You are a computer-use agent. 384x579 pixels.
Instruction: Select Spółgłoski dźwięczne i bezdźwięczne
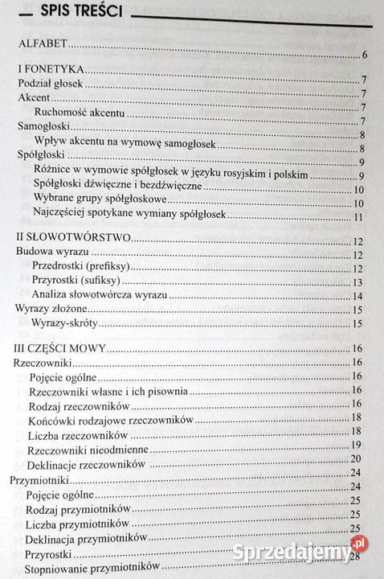117,185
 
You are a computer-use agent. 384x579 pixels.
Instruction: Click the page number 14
359,296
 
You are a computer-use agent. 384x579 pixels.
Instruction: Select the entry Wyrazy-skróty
67,325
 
